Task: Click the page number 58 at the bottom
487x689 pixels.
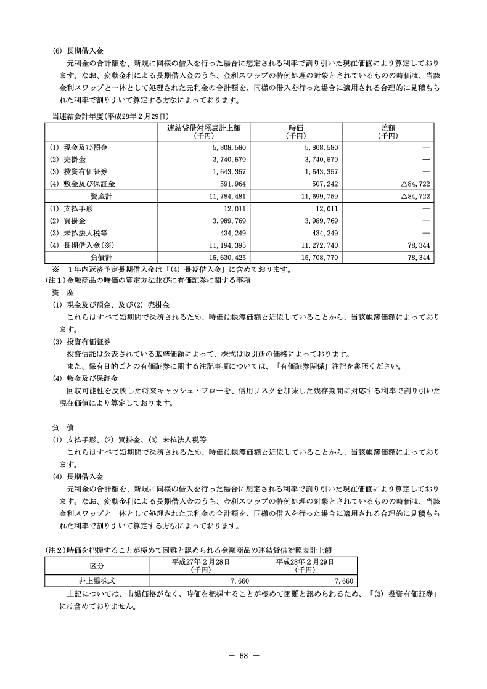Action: pos(243,654)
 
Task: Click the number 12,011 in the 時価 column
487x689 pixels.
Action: pos(325,209)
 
